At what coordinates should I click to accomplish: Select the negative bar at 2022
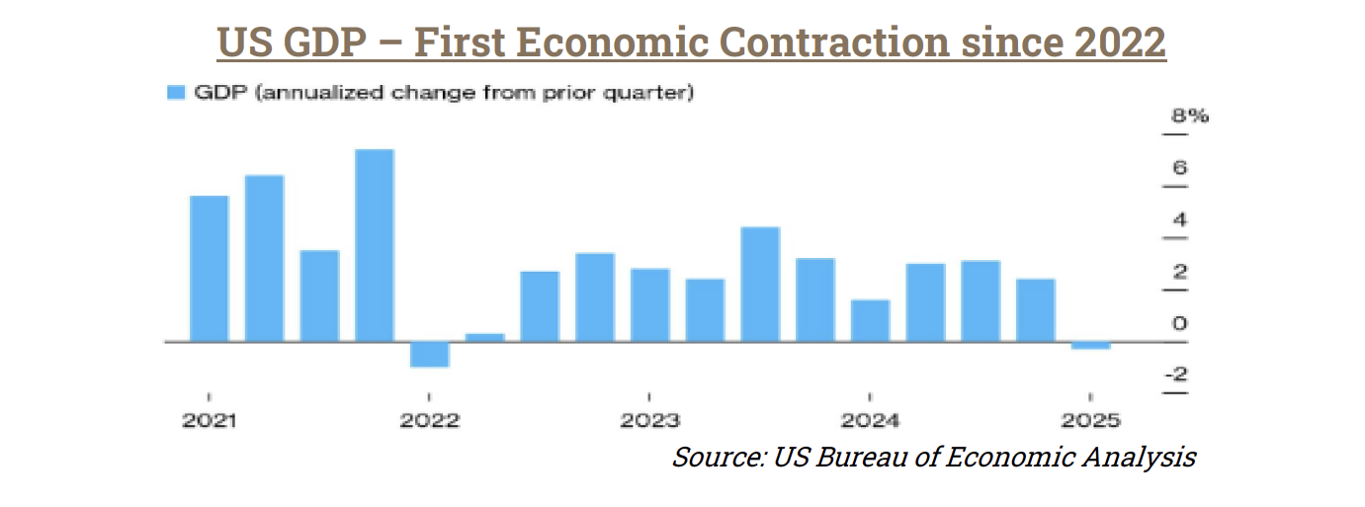pyautogui.click(x=430, y=354)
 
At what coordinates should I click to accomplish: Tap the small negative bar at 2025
pyautogui.click(x=1090, y=345)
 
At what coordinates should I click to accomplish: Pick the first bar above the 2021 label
pyautogui.click(x=209, y=268)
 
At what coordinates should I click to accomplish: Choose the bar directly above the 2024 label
pyautogui.click(x=871, y=320)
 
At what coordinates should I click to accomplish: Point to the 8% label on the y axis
pyautogui.click(x=1190, y=117)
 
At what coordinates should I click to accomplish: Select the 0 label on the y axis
pyautogui.click(x=1180, y=323)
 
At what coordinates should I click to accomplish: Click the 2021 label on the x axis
pyautogui.click(x=209, y=421)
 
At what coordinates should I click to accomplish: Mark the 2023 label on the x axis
pyautogui.click(x=650, y=421)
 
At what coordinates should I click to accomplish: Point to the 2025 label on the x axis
pyautogui.click(x=1091, y=421)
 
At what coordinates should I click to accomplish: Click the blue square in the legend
pyautogui.click(x=177, y=93)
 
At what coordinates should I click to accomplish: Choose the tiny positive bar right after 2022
pyautogui.click(x=485, y=337)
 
